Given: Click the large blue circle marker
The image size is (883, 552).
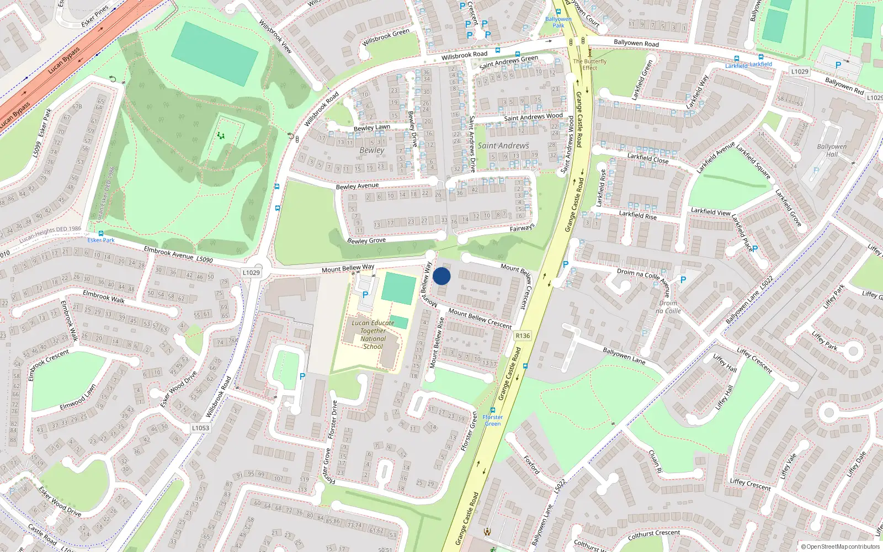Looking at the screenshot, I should pyautogui.click(x=441, y=276).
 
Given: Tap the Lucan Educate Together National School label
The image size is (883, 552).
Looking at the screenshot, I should pyautogui.click(x=373, y=335).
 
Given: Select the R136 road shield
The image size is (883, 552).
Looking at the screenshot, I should pyautogui.click(x=522, y=336).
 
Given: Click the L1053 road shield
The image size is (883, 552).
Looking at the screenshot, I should pyautogui.click(x=201, y=428).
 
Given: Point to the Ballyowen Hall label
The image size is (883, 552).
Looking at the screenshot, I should pyautogui.click(x=832, y=150).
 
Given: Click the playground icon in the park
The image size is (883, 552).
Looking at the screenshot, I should pyautogui.click(x=221, y=135).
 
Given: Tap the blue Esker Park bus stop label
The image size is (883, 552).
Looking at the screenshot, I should pyautogui.click(x=101, y=240).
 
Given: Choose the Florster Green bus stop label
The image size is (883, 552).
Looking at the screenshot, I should pyautogui.click(x=493, y=420).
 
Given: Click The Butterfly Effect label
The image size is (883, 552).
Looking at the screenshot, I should pyautogui.click(x=589, y=65).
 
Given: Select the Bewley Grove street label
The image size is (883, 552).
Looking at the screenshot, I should pyautogui.click(x=366, y=241).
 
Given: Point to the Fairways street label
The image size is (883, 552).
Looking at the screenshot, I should pyautogui.click(x=522, y=227).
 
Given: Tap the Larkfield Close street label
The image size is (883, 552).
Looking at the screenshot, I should pyautogui.click(x=648, y=158).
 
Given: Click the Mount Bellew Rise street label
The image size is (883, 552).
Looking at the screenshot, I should pyautogui.click(x=437, y=343).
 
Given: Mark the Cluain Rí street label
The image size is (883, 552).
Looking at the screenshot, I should pyautogui.click(x=655, y=461).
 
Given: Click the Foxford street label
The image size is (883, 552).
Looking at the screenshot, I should pyautogui.click(x=531, y=464).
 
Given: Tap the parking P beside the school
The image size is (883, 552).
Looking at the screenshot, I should pyautogui.click(x=365, y=295).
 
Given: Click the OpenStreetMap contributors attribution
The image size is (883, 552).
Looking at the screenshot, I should pyautogui.click(x=841, y=547).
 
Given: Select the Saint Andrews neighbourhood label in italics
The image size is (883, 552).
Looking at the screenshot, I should pyautogui.click(x=503, y=146).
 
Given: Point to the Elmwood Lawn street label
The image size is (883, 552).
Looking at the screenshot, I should pyautogui.click(x=78, y=397).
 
